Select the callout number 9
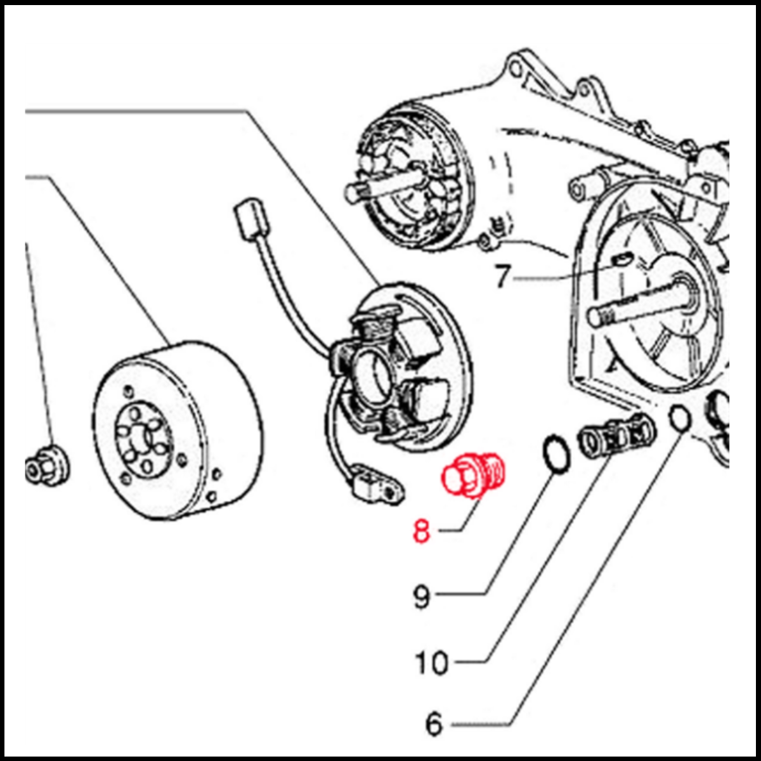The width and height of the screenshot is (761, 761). coord(422,596)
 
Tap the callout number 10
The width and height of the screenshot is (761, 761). coord(431,663)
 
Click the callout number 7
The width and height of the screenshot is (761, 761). coord(502,276)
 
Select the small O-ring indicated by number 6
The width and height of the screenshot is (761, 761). coord(679,419)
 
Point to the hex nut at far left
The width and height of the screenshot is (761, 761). coord(46,466)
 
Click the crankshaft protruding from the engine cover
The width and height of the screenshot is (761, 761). coord(634,304)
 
